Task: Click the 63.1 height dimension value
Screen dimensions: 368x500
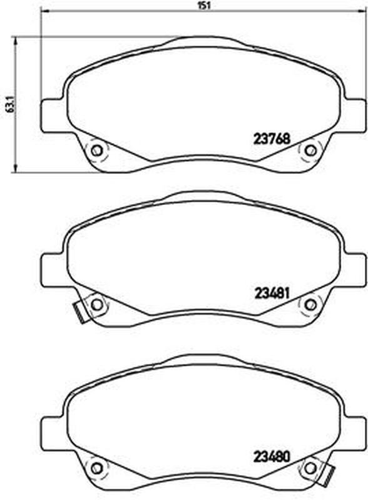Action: pyautogui.click(x=10, y=104)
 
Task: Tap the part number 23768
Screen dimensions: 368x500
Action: pyautogui.click(x=272, y=139)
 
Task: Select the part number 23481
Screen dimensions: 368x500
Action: pyautogui.click(x=272, y=293)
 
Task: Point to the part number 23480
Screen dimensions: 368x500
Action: pyautogui.click(x=272, y=457)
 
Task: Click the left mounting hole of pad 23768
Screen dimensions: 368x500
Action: pyautogui.click(x=96, y=151)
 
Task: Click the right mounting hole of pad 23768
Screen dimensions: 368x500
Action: pyautogui.click(x=310, y=151)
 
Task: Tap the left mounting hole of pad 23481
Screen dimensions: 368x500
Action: pyautogui.click(x=96, y=305)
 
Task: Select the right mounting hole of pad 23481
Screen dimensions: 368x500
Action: pyautogui.click(x=310, y=305)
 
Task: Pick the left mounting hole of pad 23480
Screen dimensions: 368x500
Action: pyautogui.click(x=96, y=468)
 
